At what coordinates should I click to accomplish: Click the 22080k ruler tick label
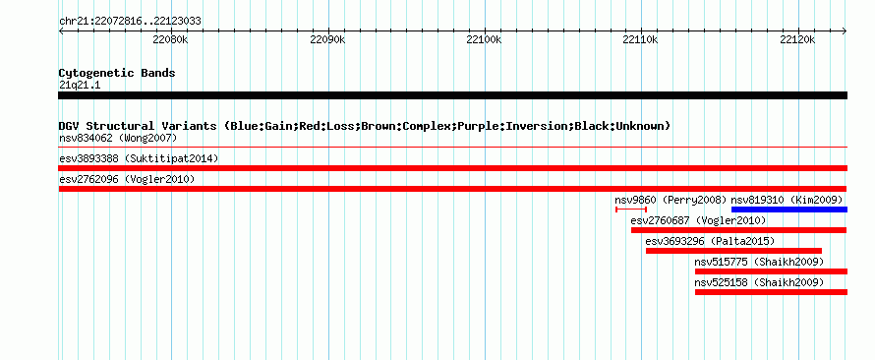[x=171, y=40]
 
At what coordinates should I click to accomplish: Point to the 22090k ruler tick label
[x=328, y=40]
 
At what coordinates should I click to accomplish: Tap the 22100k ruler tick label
[x=485, y=40]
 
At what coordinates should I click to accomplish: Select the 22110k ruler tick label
[x=642, y=40]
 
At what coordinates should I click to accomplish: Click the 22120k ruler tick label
[x=798, y=40]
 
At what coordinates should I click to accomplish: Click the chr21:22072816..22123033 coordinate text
[x=130, y=22]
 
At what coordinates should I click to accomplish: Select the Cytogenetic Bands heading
[x=117, y=73]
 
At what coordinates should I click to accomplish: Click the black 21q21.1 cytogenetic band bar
[x=452, y=95]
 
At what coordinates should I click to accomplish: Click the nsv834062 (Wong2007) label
[x=118, y=138]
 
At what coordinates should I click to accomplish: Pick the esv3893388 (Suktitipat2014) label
[x=139, y=158]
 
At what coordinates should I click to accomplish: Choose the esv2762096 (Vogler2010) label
[x=127, y=179]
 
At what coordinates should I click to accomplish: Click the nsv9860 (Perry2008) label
[x=671, y=200]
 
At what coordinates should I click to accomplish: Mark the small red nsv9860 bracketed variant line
[x=631, y=210]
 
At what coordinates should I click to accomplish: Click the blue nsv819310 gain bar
[x=789, y=210]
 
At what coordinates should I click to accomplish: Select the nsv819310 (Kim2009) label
[x=787, y=200]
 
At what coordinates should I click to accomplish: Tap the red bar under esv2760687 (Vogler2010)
[x=739, y=230]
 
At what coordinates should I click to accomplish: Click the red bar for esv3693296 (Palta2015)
[x=733, y=251]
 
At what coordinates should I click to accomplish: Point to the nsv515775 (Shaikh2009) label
[x=759, y=262]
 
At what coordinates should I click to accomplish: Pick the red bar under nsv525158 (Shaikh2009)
[x=771, y=292]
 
